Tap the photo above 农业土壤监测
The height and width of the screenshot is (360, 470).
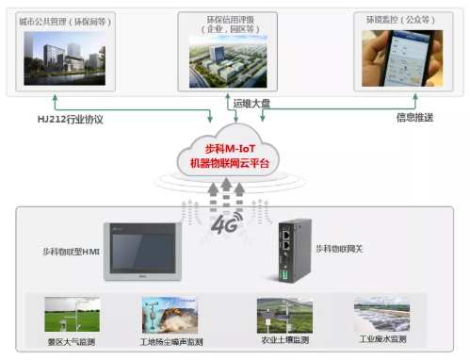(x=284, y=315)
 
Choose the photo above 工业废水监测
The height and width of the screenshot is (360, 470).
(x=381, y=315)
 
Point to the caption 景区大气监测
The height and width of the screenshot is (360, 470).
(x=72, y=340)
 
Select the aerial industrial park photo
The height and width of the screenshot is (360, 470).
(x=230, y=65)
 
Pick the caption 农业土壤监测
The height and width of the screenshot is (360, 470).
(x=284, y=339)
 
